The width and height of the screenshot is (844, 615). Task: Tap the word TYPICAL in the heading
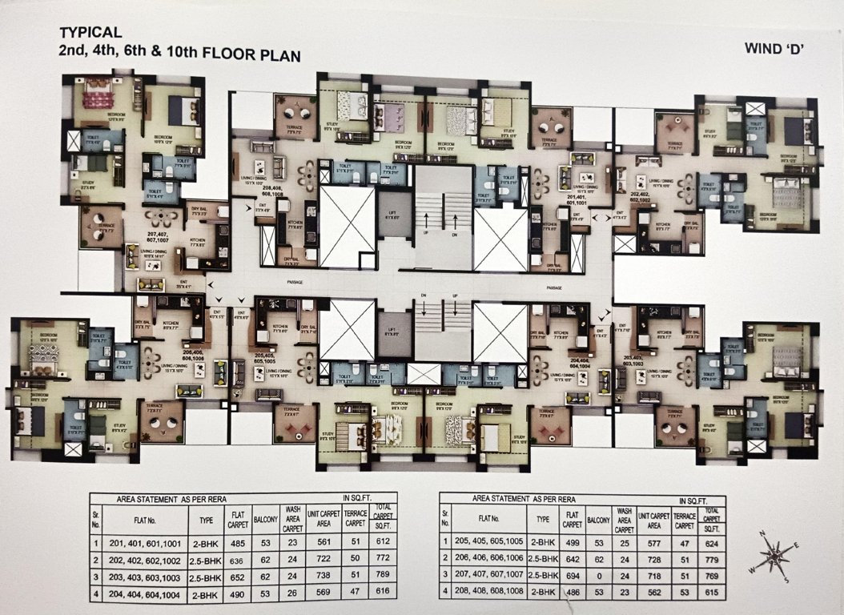tap(90, 33)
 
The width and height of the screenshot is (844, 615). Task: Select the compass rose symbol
tap(774, 556)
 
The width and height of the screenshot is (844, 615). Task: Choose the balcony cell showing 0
tap(598, 575)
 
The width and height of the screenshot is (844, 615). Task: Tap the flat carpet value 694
tap(571, 575)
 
